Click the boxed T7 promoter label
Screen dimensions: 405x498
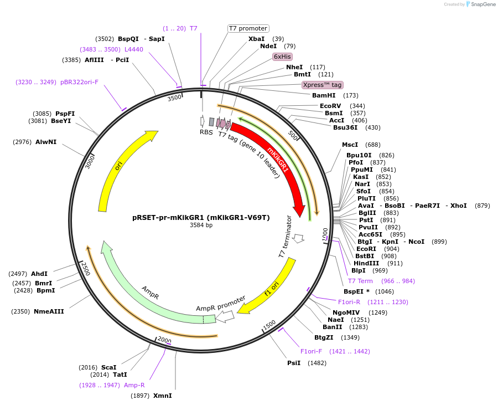[248, 28]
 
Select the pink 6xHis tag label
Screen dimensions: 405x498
[282, 57]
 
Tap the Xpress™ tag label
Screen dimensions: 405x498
[322, 85]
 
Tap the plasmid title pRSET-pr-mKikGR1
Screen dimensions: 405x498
[201, 218]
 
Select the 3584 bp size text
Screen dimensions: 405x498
[201, 225]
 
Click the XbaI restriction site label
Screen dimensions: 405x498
[256, 39]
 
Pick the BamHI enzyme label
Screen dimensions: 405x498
[324, 95]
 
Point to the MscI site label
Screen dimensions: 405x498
[350, 145]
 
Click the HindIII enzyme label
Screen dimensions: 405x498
[366, 263]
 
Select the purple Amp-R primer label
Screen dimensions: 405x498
[134, 385]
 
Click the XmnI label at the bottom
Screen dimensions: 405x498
[163, 396]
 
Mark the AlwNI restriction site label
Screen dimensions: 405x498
[46, 142]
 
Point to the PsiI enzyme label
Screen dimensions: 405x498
[294, 363]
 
